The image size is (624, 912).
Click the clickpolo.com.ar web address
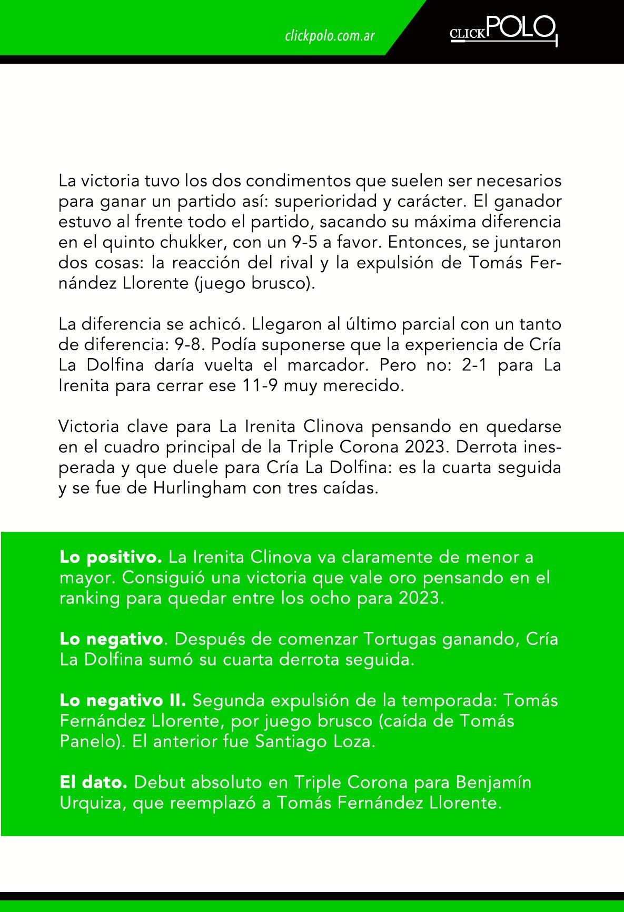(330, 36)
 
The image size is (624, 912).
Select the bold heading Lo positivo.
(111, 557)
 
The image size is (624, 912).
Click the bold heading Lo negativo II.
(123, 700)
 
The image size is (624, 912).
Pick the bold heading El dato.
(93, 782)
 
